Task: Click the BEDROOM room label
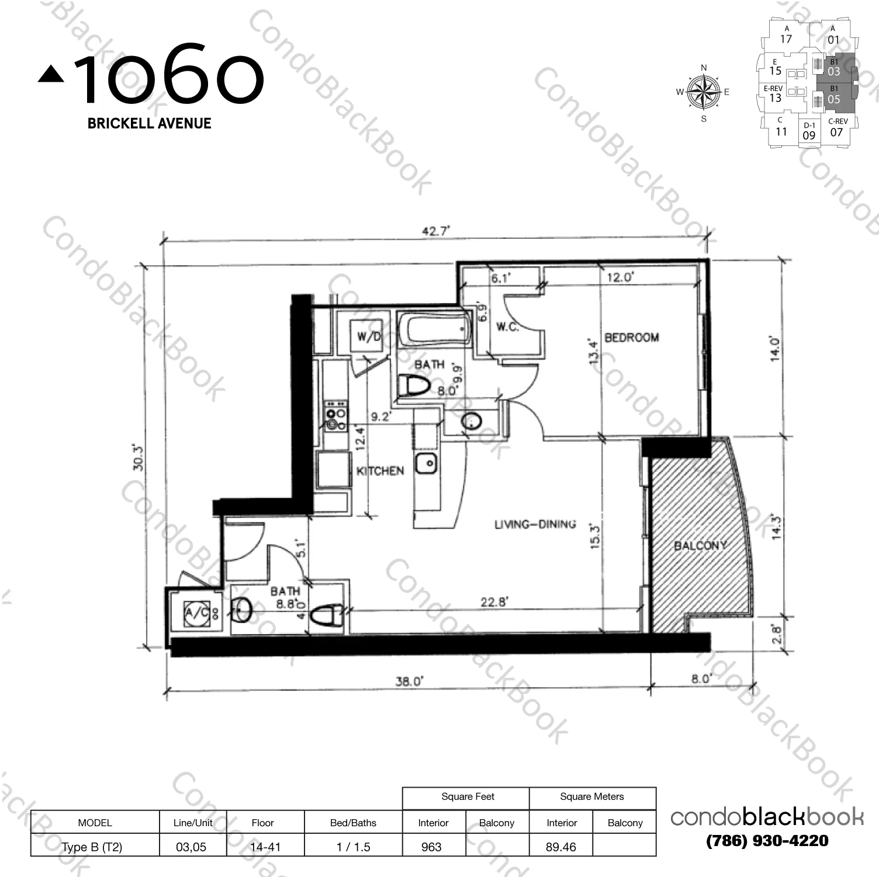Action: tap(631, 337)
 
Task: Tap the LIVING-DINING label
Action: tap(535, 524)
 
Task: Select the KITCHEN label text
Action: tap(380, 471)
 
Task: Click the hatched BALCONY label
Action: tap(700, 545)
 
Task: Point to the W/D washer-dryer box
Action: tap(369, 336)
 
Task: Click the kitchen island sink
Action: tap(427, 465)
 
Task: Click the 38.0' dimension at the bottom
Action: tap(409, 681)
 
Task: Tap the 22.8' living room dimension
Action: tap(494, 602)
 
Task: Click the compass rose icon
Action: tap(703, 92)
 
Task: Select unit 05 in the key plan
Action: tap(834, 96)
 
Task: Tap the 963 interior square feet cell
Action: tap(432, 847)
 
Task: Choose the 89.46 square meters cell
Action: tap(560, 847)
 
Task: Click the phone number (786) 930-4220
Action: tap(767, 841)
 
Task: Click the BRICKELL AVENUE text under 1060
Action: tap(149, 123)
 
